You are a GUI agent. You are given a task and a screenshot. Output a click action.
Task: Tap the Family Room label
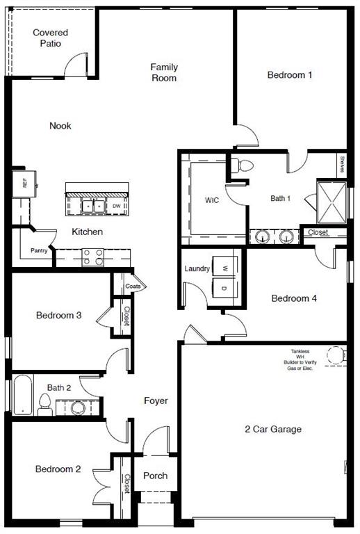[164, 72]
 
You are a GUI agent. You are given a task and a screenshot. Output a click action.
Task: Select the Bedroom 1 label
[289, 75]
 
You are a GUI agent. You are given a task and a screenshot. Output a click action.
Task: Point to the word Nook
[60, 126]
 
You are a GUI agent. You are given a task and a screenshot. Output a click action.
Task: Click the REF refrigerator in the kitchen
[24, 184]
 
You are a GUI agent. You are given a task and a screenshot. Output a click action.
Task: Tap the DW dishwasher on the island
[117, 206]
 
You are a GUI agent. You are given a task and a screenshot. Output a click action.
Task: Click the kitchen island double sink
[93, 206]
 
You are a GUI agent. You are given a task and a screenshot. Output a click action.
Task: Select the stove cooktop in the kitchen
[93, 257]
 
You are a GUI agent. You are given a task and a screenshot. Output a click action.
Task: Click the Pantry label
[39, 251]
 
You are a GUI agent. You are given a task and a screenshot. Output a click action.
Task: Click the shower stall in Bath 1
[332, 200]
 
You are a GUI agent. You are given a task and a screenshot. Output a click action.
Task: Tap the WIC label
[212, 200]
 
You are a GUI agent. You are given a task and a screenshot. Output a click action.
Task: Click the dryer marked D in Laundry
[224, 287]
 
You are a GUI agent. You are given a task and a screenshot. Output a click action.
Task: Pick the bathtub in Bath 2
[23, 395]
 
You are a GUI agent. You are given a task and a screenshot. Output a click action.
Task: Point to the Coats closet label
[133, 286]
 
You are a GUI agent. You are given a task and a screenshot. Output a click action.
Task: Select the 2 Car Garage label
[273, 429]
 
